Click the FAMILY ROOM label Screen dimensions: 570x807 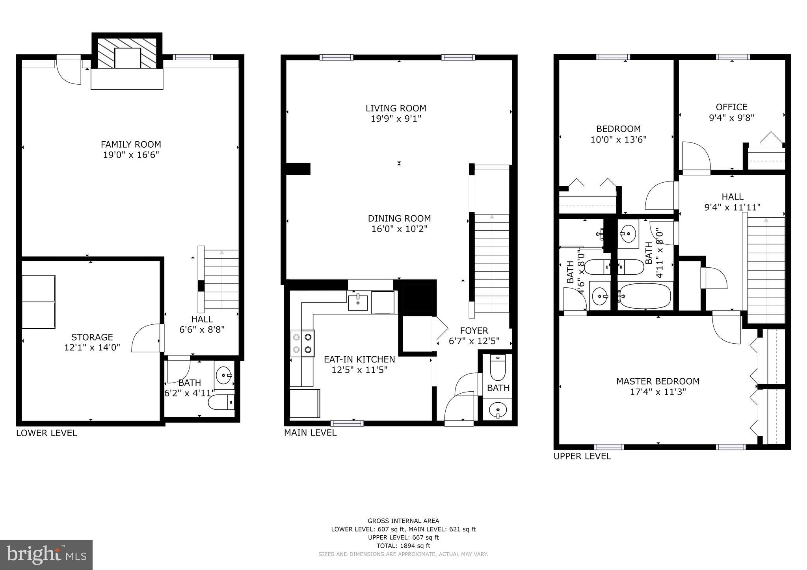pos(131,144)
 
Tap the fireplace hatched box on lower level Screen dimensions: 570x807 pos(127,52)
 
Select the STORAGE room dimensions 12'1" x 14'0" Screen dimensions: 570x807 pos(92,348)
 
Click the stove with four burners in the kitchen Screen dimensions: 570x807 pos(302,343)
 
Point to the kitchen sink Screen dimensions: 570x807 pos(358,302)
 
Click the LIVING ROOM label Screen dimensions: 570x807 pos(396,108)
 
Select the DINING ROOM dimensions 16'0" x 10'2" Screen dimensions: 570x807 pos(399,229)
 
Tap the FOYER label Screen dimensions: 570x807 pos(474,331)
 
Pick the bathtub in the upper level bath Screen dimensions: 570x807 pos(645,296)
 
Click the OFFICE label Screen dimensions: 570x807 pos(731,107)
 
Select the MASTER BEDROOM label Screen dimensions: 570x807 pos(658,381)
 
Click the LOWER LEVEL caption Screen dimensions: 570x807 pos(46,433)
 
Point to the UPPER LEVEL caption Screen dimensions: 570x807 pos(582,456)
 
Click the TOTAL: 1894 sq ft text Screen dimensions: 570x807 pos(403,546)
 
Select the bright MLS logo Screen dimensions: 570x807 pos(46,555)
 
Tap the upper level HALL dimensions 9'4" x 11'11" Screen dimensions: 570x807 pos(732,207)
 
